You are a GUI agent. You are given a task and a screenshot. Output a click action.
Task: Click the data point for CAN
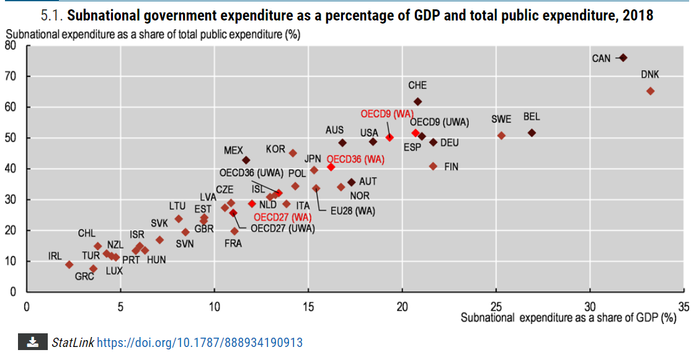(x=623, y=58)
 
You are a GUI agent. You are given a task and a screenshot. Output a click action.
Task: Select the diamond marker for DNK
(x=650, y=91)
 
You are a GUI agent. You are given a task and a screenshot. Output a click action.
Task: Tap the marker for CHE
(x=417, y=101)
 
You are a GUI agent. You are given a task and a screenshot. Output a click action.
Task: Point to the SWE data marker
(x=501, y=135)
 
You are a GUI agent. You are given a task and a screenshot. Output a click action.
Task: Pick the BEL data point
(x=532, y=133)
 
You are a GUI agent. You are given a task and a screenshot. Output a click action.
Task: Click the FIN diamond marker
(x=433, y=166)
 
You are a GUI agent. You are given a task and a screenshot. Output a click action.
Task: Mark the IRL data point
(x=69, y=264)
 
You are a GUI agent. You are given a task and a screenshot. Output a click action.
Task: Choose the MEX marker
(x=246, y=160)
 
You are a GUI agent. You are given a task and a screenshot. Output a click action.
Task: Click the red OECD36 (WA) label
(x=355, y=160)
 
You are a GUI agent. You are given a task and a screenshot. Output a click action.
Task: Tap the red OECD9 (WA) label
(x=387, y=114)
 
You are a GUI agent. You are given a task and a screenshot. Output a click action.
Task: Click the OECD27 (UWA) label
(x=283, y=228)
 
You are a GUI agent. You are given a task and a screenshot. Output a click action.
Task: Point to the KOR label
(x=275, y=150)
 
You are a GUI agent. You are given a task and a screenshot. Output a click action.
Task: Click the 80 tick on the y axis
(x=11, y=45)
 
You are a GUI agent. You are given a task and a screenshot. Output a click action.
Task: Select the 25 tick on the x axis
(x=496, y=307)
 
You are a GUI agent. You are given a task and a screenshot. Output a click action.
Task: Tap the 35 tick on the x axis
(x=684, y=307)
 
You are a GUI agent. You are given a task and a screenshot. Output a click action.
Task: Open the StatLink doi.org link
(x=200, y=343)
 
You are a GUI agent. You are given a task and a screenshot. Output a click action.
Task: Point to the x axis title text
(x=568, y=318)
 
